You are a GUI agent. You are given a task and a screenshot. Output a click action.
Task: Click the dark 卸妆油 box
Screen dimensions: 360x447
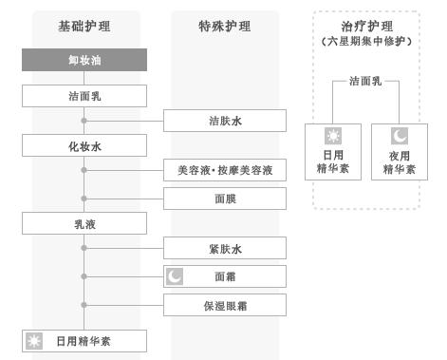(x=84, y=60)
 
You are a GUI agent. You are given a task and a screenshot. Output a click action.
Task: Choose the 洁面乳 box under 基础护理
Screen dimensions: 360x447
(x=84, y=96)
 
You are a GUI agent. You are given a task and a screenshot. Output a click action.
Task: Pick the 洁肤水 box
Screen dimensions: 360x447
(x=224, y=121)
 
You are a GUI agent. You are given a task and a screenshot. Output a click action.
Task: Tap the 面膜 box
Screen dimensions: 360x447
(x=224, y=199)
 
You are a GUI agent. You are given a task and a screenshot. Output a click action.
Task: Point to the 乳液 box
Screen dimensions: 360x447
(x=84, y=225)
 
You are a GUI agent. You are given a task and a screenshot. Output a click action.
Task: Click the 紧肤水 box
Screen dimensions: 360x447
(x=224, y=249)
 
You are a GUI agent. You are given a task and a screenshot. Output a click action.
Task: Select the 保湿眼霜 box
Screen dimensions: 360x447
(x=224, y=305)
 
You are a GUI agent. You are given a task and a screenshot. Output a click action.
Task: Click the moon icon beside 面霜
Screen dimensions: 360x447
(x=175, y=276)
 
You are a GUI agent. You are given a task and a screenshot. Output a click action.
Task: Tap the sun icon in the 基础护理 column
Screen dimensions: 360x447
(x=36, y=341)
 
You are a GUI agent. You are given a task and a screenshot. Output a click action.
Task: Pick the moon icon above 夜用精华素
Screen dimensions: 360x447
(x=400, y=135)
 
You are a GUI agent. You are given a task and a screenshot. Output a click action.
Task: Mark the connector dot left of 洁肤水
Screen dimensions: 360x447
(x=84, y=121)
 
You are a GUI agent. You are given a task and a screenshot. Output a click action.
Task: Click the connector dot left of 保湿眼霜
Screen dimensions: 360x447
(x=84, y=305)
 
